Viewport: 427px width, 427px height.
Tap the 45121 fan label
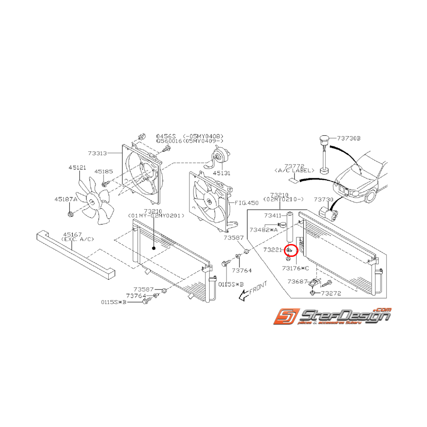78,168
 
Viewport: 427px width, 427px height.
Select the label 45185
104,171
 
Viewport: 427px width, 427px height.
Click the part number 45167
72,233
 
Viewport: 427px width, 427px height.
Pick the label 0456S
166,136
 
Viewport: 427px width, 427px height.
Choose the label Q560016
169,141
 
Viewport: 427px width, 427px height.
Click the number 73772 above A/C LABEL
294,166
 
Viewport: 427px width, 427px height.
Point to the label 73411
273,215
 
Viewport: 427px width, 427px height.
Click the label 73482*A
263,229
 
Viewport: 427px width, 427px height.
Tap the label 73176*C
295,268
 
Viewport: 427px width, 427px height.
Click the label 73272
332,293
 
